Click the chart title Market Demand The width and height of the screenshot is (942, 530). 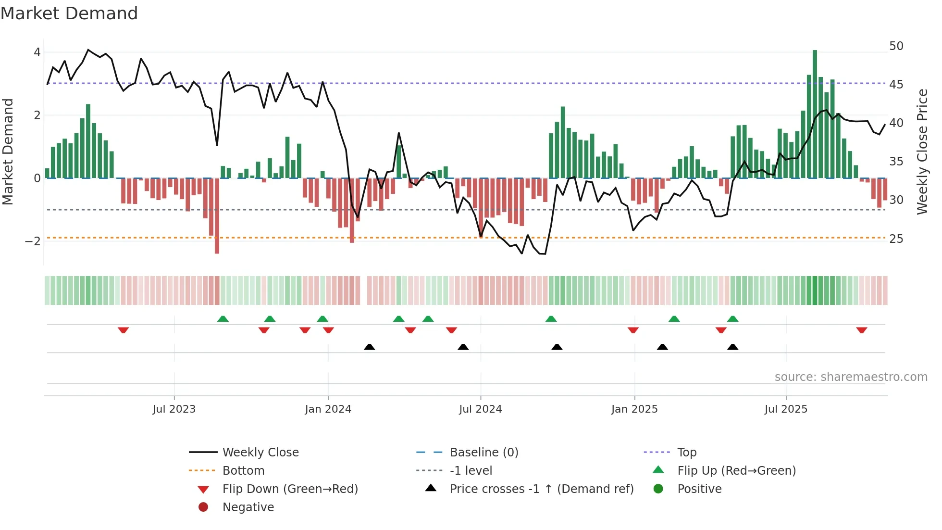[69, 13]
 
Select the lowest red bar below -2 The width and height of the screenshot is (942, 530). [217, 216]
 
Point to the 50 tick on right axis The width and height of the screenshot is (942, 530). [896, 46]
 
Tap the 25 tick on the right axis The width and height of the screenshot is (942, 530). [896, 239]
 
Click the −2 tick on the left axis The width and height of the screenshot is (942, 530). [33, 241]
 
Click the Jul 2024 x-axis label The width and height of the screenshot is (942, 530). [480, 409]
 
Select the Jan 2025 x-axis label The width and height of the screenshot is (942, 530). [634, 409]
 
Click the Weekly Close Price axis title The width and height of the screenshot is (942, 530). [922, 151]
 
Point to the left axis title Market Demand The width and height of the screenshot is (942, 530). [8, 151]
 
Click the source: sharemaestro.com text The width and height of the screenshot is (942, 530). [851, 377]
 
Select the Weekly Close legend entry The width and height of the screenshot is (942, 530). [260, 452]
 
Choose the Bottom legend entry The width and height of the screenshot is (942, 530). [243, 470]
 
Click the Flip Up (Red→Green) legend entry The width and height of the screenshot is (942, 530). [736, 470]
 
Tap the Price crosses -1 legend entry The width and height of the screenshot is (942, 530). [542, 489]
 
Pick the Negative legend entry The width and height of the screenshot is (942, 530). [248, 507]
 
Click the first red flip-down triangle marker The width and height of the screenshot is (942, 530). [123, 330]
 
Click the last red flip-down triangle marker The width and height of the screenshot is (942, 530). [861, 330]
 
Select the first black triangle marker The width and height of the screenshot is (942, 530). [369, 347]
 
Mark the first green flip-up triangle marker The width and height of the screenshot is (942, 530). [223, 319]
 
